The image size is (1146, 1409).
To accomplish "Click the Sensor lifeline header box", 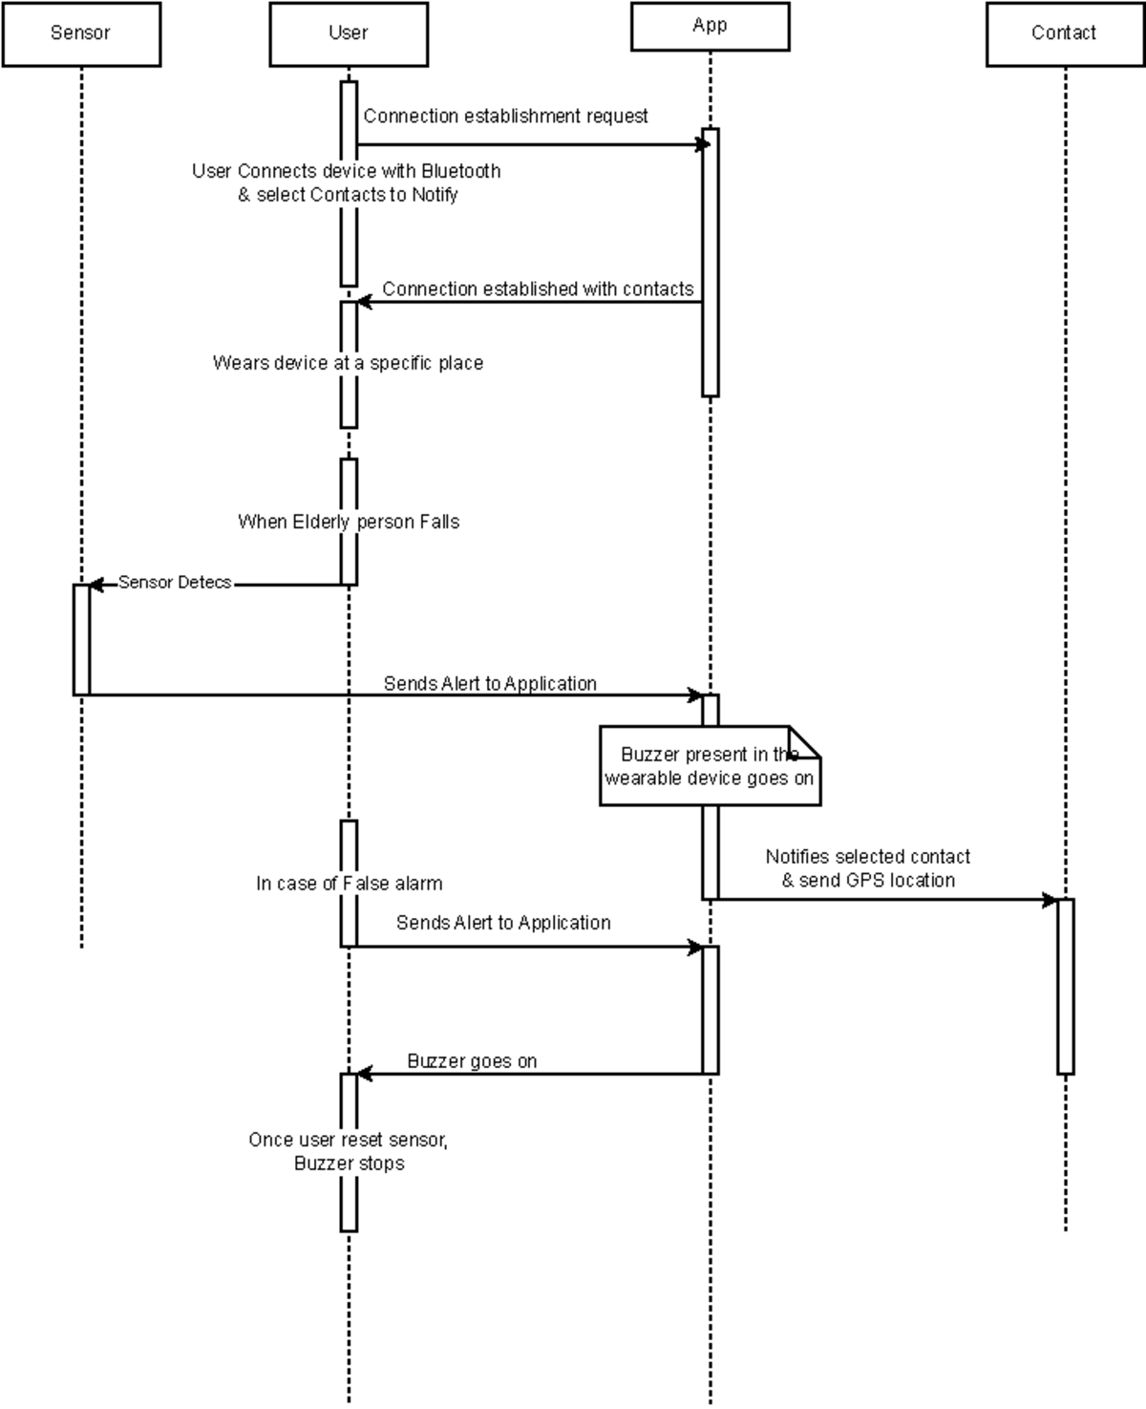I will [x=81, y=34].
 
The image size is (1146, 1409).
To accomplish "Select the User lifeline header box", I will [x=349, y=34].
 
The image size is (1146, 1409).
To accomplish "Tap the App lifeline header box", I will [x=710, y=27].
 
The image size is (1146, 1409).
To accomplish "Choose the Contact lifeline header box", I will [x=1065, y=34].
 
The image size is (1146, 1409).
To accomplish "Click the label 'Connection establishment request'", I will [x=505, y=117].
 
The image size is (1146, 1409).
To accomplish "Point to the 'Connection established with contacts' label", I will [x=538, y=289].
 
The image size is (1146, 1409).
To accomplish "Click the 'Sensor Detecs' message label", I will [x=175, y=583].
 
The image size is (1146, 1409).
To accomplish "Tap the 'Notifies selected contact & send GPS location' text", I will [x=867, y=868].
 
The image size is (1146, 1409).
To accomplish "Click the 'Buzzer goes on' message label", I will [x=472, y=1061].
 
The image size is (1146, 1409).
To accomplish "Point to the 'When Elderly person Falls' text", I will [x=349, y=522].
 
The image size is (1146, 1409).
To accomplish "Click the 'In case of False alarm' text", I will [x=349, y=884].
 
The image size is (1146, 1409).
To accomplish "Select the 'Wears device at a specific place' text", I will [x=348, y=363].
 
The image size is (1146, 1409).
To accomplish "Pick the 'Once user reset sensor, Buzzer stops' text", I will [x=349, y=1151].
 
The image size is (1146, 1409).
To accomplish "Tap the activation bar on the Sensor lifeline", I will [x=81, y=639].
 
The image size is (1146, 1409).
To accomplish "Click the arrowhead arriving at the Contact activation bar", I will [x=1050, y=900].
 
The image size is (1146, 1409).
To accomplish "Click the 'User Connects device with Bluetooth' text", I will [x=347, y=172].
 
